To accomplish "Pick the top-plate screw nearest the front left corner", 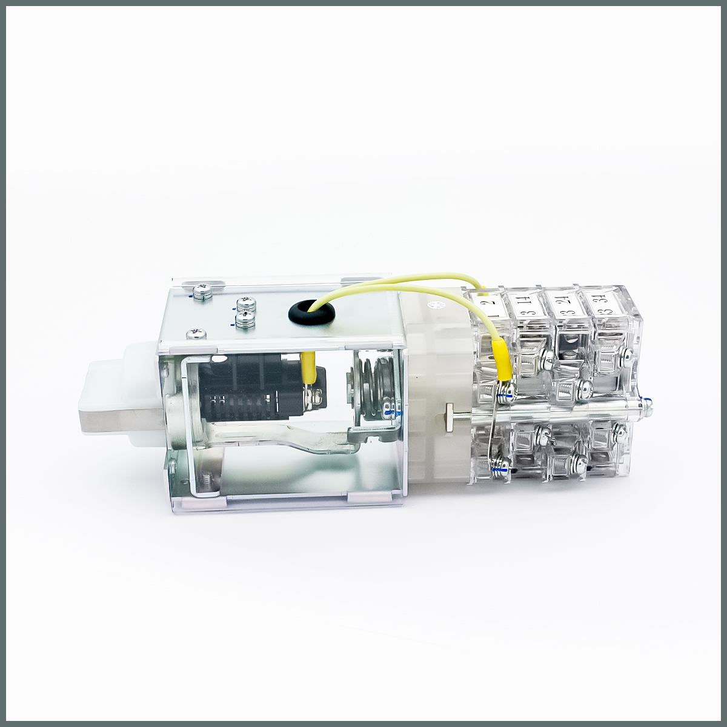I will (196, 334).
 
